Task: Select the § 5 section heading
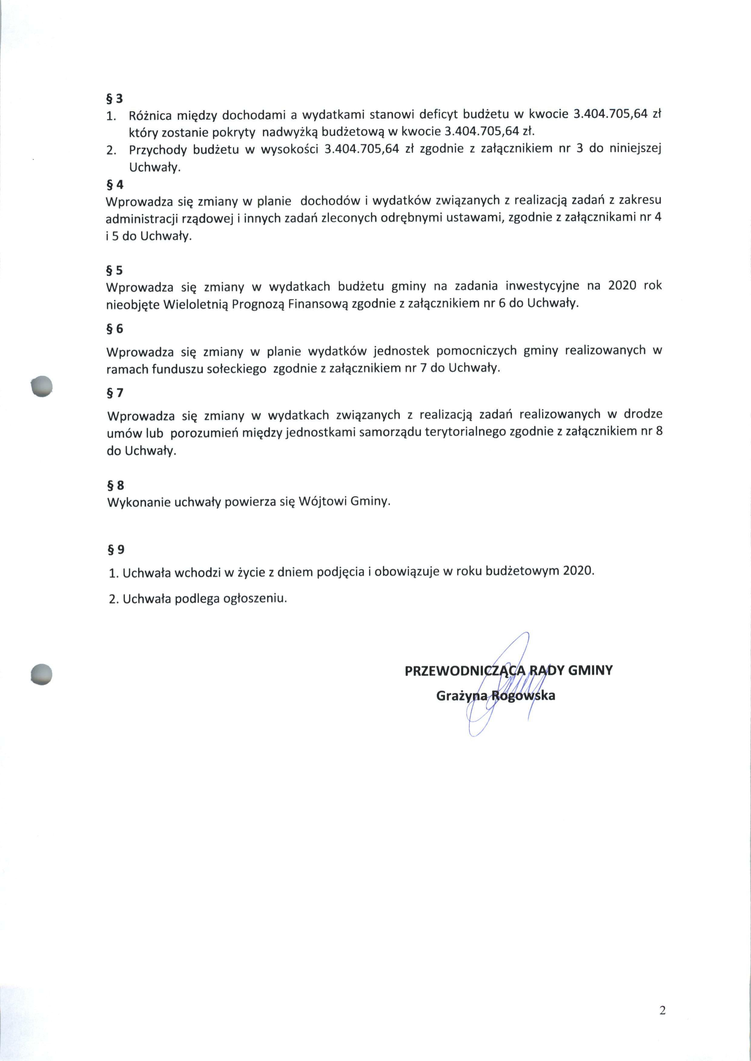115,270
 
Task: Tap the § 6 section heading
115,329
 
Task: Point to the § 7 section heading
115,393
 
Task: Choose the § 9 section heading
116,549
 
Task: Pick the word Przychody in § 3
157,150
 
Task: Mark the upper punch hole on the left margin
41,385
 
